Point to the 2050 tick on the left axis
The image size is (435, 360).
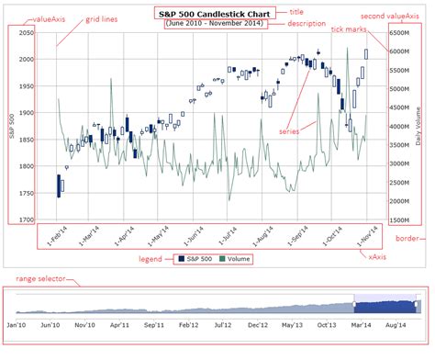[x=25, y=32]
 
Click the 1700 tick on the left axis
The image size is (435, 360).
[x=25, y=220]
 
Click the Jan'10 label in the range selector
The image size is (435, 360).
[x=18, y=324]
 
